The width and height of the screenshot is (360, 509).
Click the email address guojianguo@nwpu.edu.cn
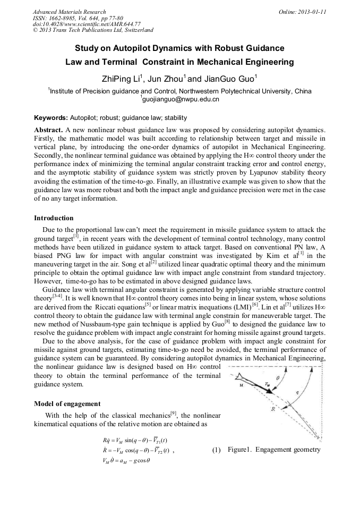[181, 99]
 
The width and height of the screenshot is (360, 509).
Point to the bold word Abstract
[48, 130]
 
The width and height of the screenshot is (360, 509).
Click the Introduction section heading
[54, 218]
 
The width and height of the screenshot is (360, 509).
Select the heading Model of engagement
[67, 403]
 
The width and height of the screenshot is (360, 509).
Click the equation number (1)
[216, 450]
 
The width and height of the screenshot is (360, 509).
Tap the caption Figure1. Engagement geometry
[274, 450]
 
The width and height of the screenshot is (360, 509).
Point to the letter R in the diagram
[272, 409]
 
